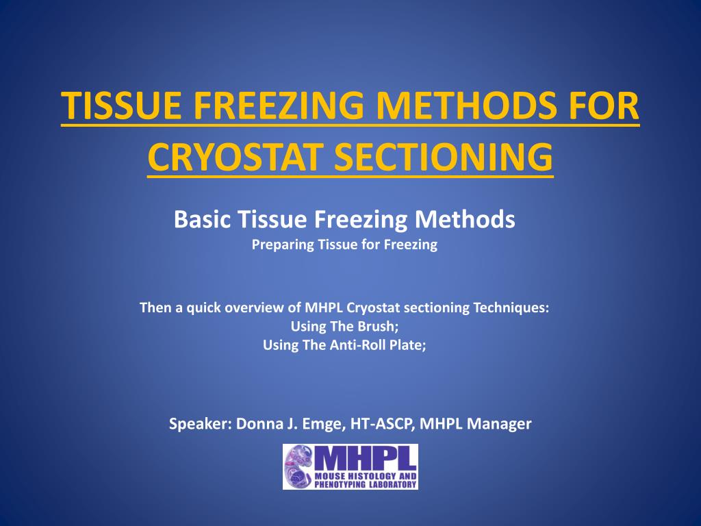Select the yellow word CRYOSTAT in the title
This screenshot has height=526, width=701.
coord(235,157)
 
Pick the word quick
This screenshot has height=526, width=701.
coord(203,308)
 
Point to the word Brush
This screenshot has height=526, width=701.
coord(378,327)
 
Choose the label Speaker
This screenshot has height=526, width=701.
coord(201,424)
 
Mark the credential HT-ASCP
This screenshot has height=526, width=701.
coord(383,424)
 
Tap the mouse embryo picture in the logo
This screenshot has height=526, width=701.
coord(299,466)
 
